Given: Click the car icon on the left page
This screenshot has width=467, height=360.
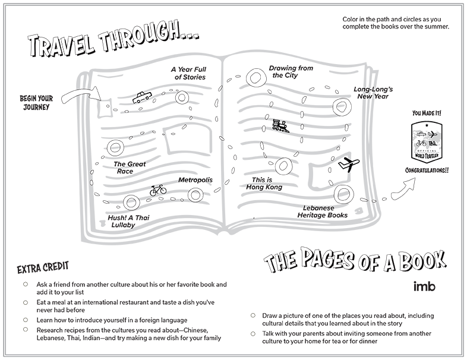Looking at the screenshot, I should [141, 97].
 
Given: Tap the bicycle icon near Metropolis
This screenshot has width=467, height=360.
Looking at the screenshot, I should [157, 190].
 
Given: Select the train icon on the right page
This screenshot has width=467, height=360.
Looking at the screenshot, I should [280, 125].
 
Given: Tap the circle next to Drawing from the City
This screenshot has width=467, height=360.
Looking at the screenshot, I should [256, 77].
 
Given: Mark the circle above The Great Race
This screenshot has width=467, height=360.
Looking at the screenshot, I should [115, 147].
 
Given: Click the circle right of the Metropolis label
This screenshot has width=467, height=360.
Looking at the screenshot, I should [195, 194].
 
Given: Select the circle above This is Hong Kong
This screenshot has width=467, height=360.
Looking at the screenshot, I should [284, 166].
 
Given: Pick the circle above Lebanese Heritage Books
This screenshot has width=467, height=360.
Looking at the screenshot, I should [341, 192].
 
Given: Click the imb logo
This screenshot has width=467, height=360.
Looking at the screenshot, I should [424, 286].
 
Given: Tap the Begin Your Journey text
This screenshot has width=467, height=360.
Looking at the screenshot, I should [36, 103].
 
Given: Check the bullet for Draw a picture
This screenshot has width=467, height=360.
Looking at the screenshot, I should [252, 315].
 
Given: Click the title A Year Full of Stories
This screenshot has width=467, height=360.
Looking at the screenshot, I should [189, 73].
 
